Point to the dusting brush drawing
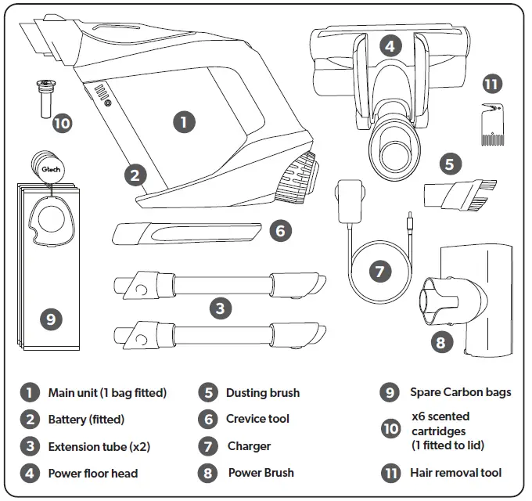pyautogui.click(x=462, y=194)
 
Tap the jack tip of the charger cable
pyautogui.click(x=408, y=220)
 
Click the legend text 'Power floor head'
pyautogui.click(x=92, y=473)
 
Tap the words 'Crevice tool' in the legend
pyautogui.click(x=257, y=419)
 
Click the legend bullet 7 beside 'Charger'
pyautogui.click(x=207, y=446)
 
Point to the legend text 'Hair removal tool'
pyautogui.click(x=455, y=473)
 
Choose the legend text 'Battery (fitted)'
pyautogui.click(x=86, y=419)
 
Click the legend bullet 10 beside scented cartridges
pyautogui.click(x=390, y=428)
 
